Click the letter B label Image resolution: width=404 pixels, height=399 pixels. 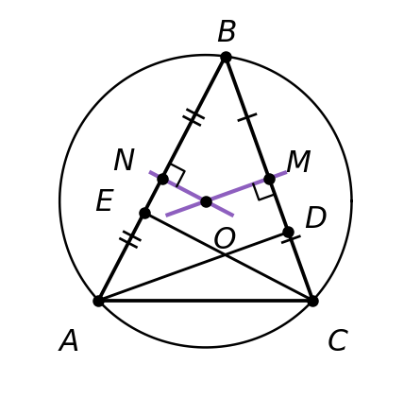coord(227,31)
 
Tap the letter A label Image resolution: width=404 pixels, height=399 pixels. coord(69,340)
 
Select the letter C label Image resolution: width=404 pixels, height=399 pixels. coord(338,340)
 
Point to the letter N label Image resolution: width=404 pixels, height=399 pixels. coord(125,160)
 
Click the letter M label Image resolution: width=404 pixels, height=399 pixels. coord(298,161)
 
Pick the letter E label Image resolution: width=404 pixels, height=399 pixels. coord(105,200)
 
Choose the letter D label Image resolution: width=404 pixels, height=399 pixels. coord(315,217)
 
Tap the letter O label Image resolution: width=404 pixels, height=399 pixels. coord(225,238)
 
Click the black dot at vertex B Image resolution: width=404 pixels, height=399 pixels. coord(226,58)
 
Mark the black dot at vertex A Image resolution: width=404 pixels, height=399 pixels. coord(98,301)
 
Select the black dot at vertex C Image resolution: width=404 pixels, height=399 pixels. coord(312,301)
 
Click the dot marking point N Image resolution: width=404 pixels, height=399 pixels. coord(162,179)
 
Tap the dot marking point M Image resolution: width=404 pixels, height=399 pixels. coord(269,179)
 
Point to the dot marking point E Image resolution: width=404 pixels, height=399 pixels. coord(144,213)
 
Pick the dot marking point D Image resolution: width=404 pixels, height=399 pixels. coord(288,232)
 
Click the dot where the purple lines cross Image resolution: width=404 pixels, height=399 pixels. coord(206,201)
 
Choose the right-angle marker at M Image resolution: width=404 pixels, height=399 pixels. coord(261,192)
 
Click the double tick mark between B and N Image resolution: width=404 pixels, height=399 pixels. coord(194,117)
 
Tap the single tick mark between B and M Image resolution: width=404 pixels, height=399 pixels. coord(247,117)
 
